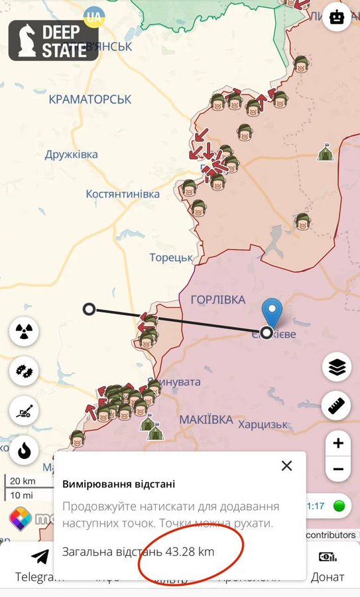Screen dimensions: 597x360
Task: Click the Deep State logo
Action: coord(54,40)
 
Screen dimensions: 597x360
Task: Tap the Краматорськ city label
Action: coord(90,99)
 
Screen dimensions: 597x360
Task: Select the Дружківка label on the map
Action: coord(72,155)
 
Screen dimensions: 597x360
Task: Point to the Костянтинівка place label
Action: coord(123,194)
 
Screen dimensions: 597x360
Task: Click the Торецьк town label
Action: coord(171,257)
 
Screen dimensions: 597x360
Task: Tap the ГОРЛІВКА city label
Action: coord(218,300)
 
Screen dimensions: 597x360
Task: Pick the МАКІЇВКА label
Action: coord(206,420)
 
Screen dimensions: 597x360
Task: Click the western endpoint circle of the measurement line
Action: coord(89,308)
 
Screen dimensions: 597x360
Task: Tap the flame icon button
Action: coord(25,451)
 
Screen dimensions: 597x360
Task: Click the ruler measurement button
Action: coord(337,405)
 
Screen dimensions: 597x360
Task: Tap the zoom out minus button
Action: coord(338,470)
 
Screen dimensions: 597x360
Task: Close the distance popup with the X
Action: coord(286,466)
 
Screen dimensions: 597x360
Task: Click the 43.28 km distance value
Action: coord(186,551)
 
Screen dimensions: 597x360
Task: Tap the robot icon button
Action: coord(337,17)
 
